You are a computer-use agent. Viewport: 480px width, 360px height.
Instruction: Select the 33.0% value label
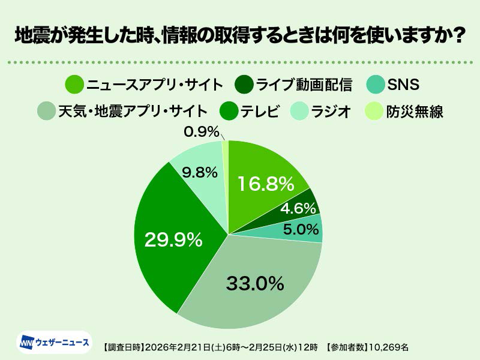coord(254,283)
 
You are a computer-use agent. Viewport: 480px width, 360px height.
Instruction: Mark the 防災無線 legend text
coord(415,111)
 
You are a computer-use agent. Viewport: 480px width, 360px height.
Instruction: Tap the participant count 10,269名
coord(390,347)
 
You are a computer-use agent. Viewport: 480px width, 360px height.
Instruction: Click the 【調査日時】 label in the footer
coord(122,347)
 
